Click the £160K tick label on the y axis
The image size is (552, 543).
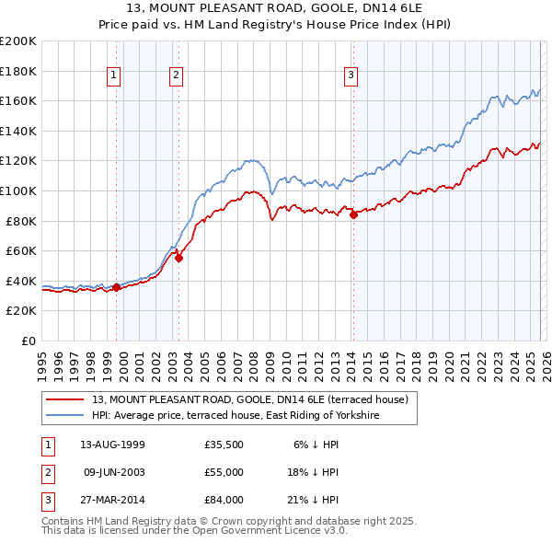coord(18,100)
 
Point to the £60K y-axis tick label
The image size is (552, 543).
coord(21,250)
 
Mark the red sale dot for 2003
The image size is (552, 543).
coord(178,259)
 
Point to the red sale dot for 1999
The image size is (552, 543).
coord(117,287)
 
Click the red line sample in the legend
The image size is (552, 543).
coord(64,399)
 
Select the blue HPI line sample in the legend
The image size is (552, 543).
coord(64,415)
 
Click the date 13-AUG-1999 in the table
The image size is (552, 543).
coord(112,445)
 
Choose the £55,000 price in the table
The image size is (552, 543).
coord(224,472)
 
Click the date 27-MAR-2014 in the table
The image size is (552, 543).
coord(112,500)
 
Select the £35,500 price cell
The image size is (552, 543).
coord(224,445)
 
